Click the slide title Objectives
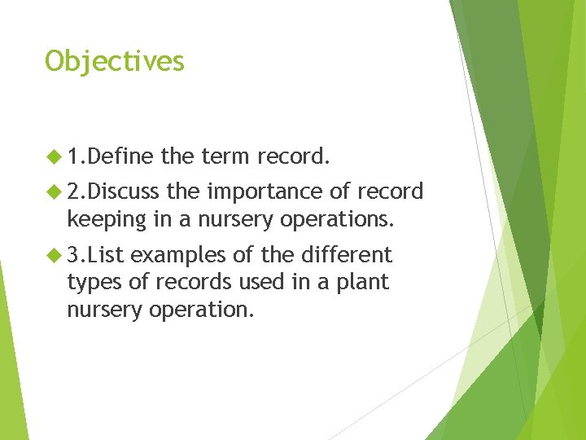[115, 61]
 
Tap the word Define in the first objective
[123, 156]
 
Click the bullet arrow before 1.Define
[55, 156]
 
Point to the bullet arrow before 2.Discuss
[55, 191]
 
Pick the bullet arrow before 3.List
[55, 255]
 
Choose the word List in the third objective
[107, 255]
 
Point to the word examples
[178, 255]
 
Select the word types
[90, 283]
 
